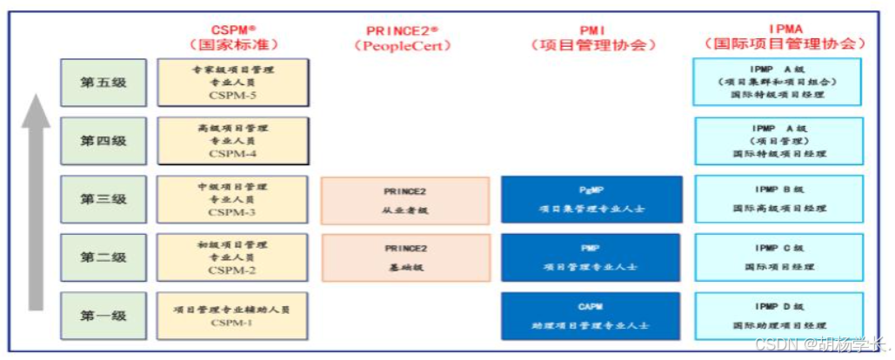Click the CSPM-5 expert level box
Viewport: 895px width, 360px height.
point(232,83)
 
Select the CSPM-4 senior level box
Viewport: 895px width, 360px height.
point(232,141)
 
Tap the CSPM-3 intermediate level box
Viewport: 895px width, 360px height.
point(232,199)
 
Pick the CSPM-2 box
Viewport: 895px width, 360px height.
point(232,257)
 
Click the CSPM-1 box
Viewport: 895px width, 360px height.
point(232,316)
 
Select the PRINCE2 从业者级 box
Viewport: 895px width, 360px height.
point(405,200)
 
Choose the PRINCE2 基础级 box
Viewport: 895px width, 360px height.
point(405,257)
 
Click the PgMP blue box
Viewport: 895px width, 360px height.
point(591,200)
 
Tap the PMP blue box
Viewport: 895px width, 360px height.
point(591,257)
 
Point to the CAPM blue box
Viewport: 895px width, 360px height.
point(591,316)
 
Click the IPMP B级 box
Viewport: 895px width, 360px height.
point(778,199)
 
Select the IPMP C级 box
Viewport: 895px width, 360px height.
point(778,257)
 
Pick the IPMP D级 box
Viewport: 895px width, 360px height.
point(778,316)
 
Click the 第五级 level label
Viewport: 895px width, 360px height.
point(104,83)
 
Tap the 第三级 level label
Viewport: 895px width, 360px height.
point(104,199)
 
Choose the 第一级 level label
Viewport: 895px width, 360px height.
point(104,316)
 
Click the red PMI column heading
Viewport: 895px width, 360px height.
point(591,30)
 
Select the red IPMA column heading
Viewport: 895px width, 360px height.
point(785,30)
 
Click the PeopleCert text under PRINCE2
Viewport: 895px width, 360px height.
point(403,45)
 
